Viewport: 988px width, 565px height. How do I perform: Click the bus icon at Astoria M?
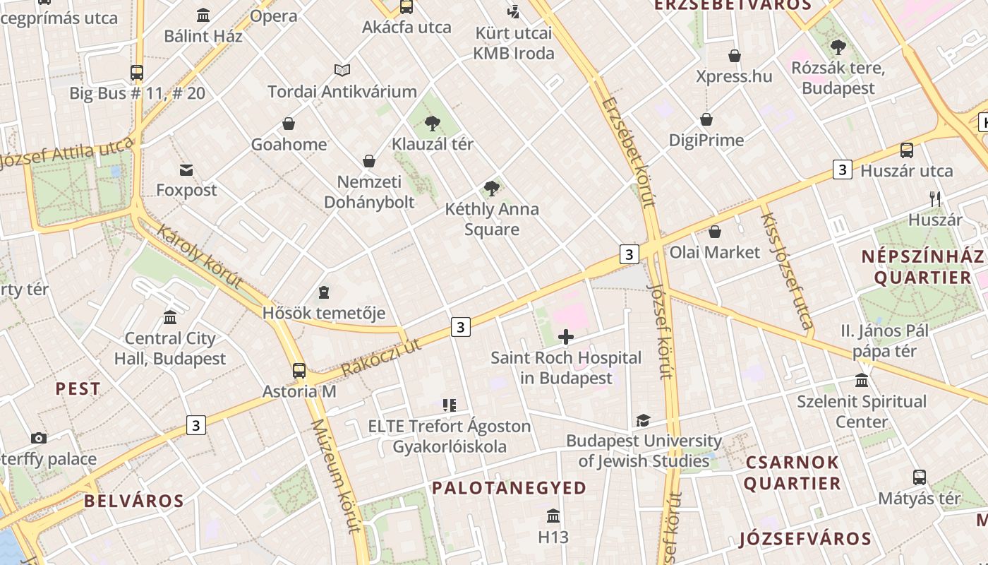point(299,370)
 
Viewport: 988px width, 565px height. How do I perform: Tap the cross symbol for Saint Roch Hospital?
point(566,338)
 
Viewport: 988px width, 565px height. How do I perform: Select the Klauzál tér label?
point(433,144)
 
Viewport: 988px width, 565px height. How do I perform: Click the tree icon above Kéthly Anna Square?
point(492,189)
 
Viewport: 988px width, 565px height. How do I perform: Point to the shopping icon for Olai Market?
point(715,232)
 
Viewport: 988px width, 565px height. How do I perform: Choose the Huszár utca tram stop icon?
point(907,150)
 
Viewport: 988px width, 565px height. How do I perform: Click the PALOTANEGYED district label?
point(509,488)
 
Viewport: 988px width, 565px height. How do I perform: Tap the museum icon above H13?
point(553,516)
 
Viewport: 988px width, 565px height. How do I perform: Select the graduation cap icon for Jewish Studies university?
point(643,421)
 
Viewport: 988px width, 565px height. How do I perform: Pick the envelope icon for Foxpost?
point(186,170)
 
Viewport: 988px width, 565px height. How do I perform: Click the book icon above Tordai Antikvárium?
point(342,71)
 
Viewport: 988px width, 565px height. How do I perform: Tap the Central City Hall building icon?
point(169,318)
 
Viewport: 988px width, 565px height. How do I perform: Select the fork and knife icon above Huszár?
point(936,199)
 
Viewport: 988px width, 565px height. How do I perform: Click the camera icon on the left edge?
point(39,439)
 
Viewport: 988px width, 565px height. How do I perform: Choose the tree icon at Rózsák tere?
point(838,48)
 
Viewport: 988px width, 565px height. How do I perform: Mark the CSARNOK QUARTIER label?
point(792,473)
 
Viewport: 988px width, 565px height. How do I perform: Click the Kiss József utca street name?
point(786,270)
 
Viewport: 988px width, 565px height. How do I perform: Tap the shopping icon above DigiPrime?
point(706,119)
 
